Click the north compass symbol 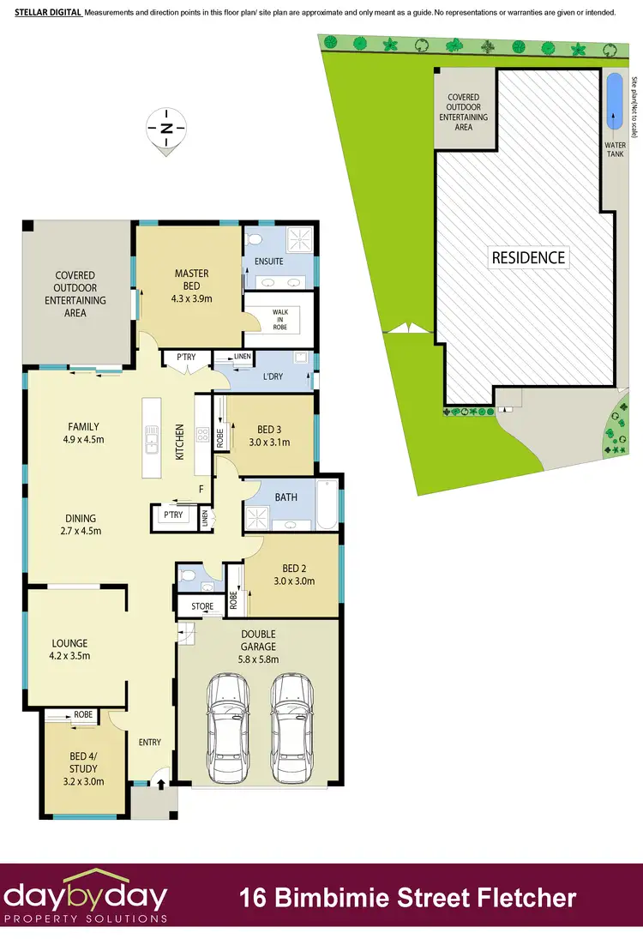click(x=168, y=129)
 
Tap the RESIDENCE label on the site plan click(x=527, y=257)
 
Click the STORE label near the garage click(x=202, y=606)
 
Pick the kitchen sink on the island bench click(x=152, y=442)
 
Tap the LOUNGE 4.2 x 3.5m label click(x=70, y=649)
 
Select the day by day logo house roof click(x=86, y=877)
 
